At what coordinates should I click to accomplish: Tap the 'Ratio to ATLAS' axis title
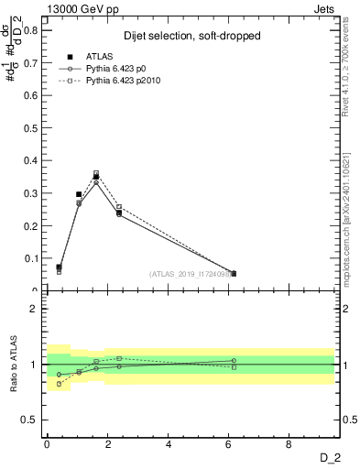14,364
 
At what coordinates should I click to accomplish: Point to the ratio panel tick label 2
35,309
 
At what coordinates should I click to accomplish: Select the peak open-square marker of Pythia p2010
96,173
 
